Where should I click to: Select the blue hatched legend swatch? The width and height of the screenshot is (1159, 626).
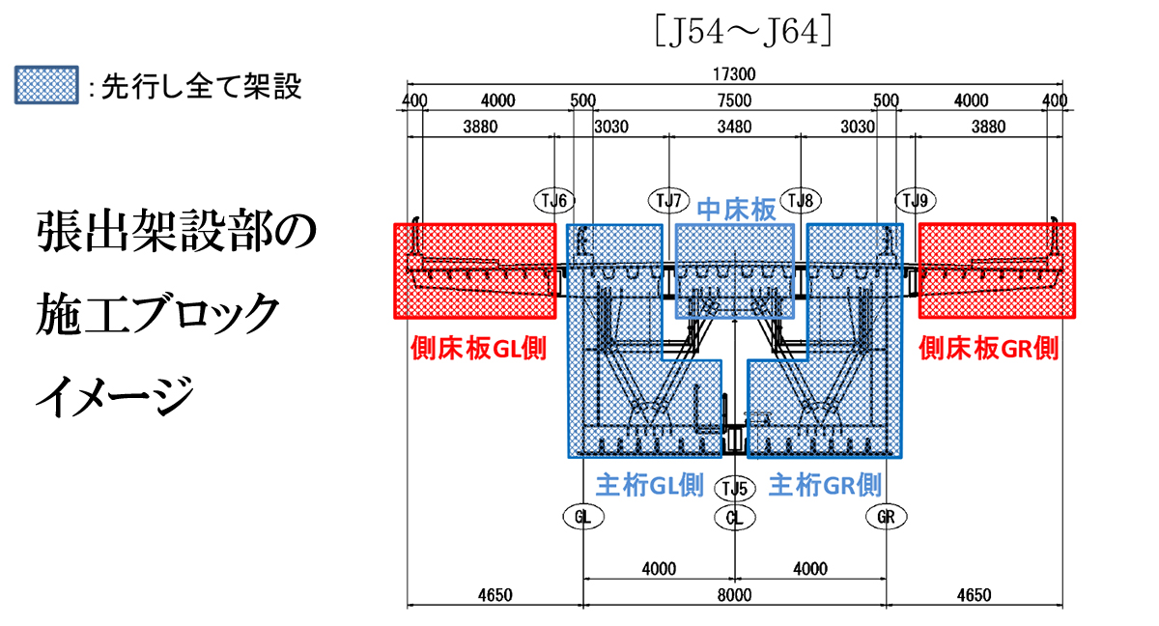click(46, 85)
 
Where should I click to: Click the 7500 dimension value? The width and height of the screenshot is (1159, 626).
click(734, 100)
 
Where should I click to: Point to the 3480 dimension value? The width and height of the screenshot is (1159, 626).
click(734, 126)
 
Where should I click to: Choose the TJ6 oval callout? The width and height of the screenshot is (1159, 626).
click(555, 200)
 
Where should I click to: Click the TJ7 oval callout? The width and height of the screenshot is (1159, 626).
click(668, 200)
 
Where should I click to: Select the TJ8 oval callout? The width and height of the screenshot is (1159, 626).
click(801, 200)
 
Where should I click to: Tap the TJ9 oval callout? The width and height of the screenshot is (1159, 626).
click(915, 200)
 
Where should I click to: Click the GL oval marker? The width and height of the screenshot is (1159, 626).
click(582, 517)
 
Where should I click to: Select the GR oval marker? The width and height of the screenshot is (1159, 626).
click(887, 517)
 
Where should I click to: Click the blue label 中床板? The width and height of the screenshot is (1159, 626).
click(736, 211)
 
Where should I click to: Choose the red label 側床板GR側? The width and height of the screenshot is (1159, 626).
click(988, 348)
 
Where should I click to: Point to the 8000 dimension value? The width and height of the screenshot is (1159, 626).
click(734, 593)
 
